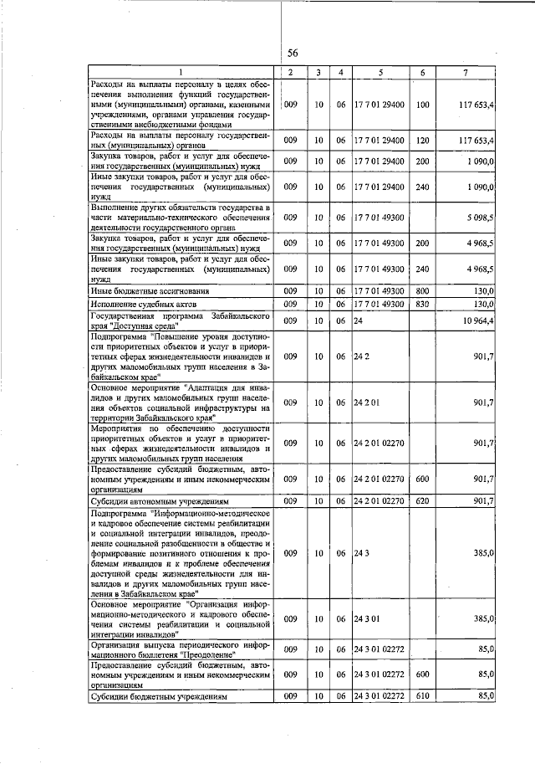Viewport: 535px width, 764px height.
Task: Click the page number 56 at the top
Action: coord(293,53)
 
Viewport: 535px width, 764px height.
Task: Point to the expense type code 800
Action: coord(421,290)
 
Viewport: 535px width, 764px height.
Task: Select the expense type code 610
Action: coord(421,696)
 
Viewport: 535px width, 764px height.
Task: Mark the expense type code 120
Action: coord(421,140)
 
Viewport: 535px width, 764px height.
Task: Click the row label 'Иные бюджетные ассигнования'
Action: coord(150,290)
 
